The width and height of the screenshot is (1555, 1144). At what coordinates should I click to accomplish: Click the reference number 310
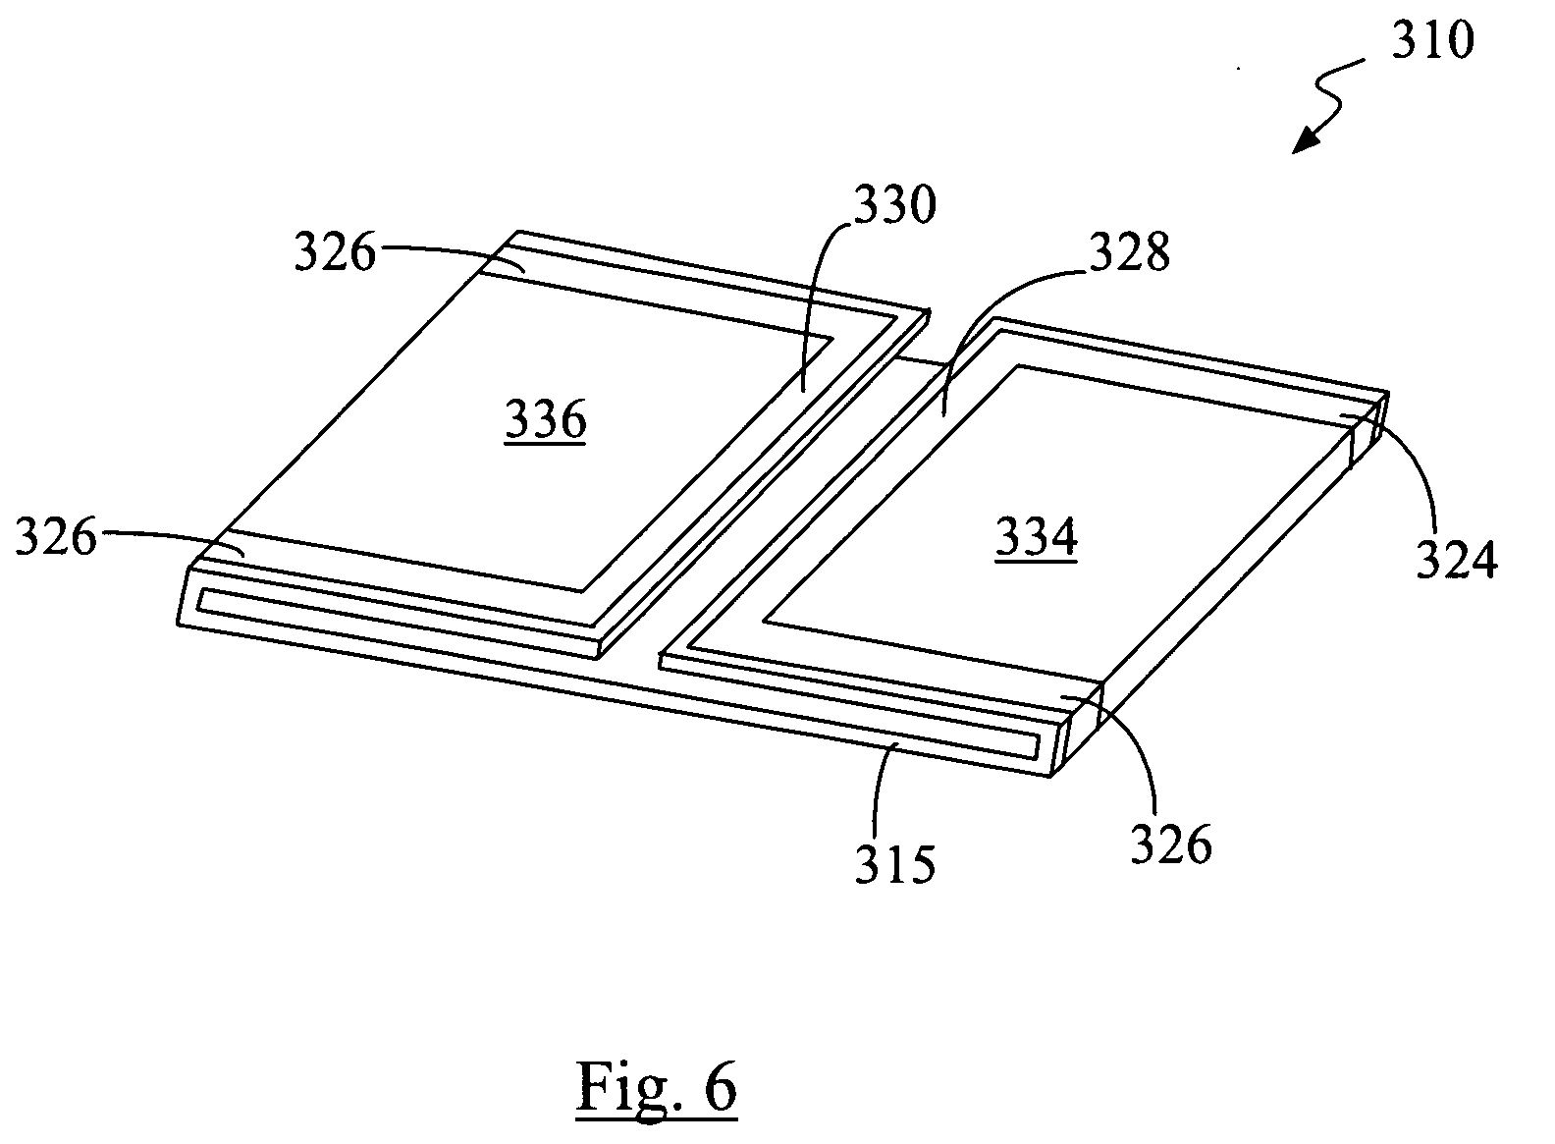(1433, 40)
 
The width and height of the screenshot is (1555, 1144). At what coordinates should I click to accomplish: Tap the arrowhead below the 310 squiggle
(1306, 141)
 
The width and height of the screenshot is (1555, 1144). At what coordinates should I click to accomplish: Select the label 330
(895, 205)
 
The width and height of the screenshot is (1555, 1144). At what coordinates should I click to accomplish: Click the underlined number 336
(546, 421)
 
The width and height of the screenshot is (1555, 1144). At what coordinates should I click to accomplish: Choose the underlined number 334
(1037, 537)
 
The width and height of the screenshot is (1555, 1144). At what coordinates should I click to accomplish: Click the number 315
(895, 865)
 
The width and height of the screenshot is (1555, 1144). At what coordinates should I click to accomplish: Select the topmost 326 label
(336, 251)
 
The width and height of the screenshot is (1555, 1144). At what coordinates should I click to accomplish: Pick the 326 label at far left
(56, 536)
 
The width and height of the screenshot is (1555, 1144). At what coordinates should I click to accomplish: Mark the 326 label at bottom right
(1171, 844)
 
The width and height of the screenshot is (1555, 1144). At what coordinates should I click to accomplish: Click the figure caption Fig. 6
(657, 1088)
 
